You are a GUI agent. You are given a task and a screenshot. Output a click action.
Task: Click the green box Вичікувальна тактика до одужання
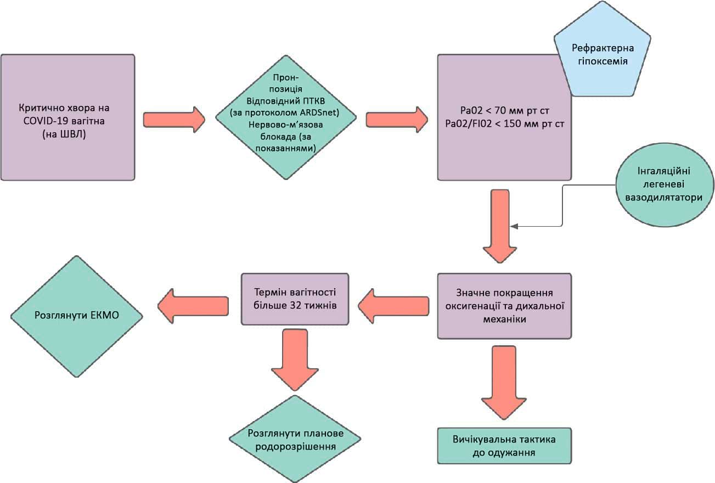click(504, 446)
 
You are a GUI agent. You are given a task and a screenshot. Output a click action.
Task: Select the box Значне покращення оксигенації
click(504, 306)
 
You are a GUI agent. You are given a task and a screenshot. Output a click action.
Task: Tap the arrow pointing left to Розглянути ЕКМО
click(193, 306)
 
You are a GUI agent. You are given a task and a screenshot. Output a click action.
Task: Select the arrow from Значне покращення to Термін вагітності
click(393, 306)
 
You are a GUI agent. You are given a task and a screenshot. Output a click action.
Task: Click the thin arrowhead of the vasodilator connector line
click(513, 226)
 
